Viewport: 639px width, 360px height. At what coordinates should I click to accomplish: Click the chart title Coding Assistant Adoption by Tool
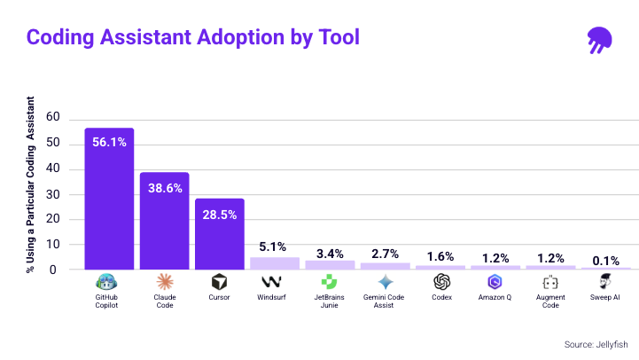(192, 37)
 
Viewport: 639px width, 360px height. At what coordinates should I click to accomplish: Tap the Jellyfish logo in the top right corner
(600, 39)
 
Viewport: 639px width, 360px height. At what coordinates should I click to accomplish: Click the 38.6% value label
(164, 188)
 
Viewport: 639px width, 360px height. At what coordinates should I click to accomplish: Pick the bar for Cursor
(220, 234)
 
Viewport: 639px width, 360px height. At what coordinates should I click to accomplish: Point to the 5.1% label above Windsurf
(275, 247)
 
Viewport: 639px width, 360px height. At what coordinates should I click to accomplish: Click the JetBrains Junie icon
(330, 282)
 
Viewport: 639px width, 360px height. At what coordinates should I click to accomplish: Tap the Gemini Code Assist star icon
(385, 282)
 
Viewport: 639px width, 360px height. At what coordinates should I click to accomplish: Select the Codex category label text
(440, 298)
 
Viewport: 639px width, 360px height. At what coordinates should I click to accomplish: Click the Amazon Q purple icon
(495, 282)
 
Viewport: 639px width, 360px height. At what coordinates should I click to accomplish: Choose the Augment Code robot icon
(550, 282)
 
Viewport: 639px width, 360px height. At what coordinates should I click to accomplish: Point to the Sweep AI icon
(606, 282)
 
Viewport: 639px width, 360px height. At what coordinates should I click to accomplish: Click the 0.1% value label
(606, 259)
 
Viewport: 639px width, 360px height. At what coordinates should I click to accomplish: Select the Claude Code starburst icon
(164, 282)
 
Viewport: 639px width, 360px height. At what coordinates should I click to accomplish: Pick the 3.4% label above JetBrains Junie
(330, 253)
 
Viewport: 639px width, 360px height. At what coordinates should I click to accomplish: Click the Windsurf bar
(275, 263)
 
